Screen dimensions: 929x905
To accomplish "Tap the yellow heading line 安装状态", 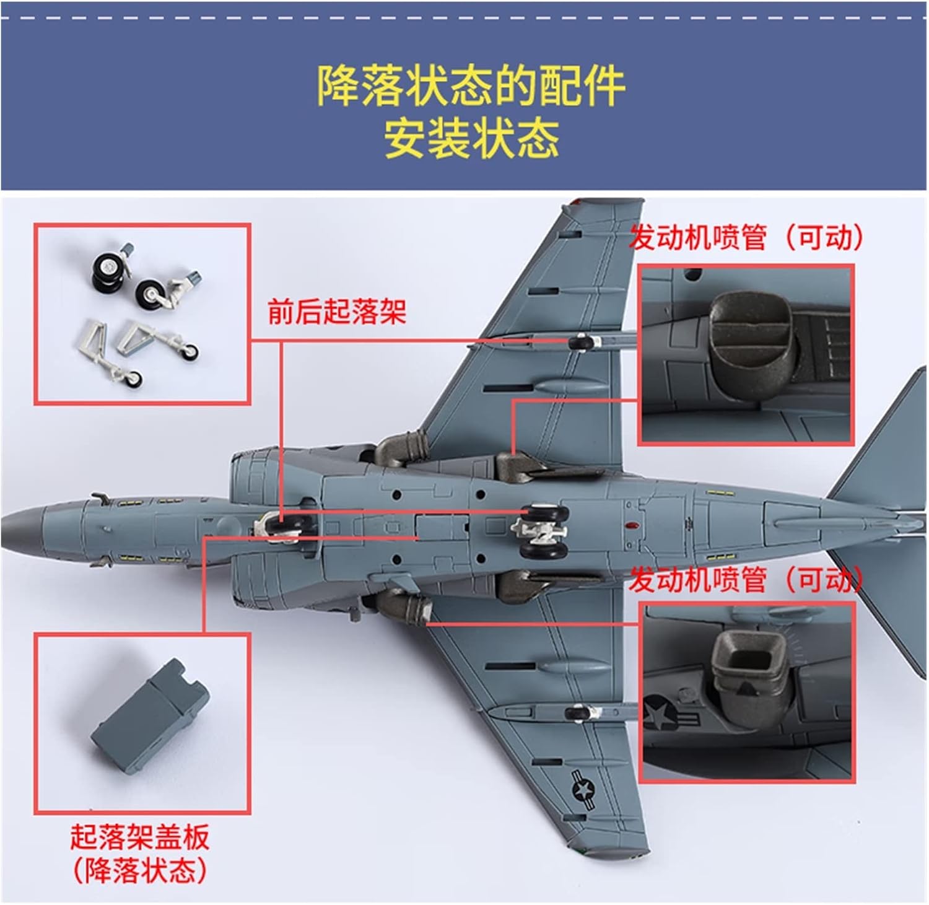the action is pyautogui.click(x=471, y=138).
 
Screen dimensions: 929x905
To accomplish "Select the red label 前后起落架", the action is pyautogui.click(x=336, y=311).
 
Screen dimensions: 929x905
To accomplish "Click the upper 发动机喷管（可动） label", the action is pyautogui.click(x=746, y=237).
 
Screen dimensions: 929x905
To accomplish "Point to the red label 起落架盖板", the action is pyautogui.click(x=140, y=837).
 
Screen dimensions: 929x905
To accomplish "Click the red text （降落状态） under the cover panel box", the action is pyautogui.click(x=140, y=870).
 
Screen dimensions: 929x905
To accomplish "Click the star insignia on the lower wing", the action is pyautogui.click(x=582, y=789).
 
